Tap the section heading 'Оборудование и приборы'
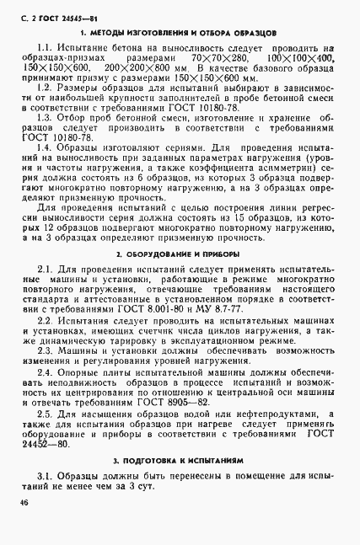pos(180,253)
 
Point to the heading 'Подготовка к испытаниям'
pos(180,462)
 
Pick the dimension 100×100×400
pos(307,61)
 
